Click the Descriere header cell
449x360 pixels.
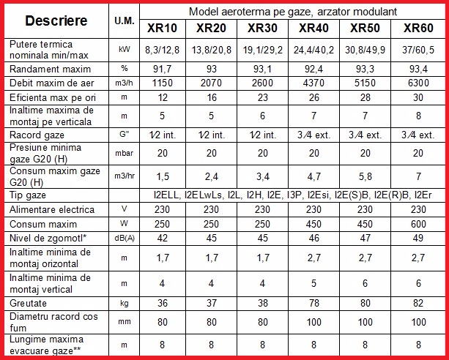pos(56,21)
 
